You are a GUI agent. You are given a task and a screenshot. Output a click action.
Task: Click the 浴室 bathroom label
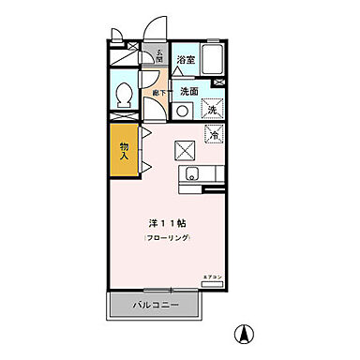click(x=187, y=61)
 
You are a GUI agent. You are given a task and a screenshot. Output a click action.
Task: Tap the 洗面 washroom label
click(x=188, y=91)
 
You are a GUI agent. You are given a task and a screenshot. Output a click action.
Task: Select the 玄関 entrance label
click(x=159, y=55)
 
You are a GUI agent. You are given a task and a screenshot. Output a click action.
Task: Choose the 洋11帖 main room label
click(x=168, y=224)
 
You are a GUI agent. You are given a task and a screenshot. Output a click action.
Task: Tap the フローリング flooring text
click(x=168, y=240)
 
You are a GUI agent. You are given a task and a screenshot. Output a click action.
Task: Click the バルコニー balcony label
click(x=155, y=306)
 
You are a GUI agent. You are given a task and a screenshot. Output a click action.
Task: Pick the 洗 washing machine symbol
click(x=212, y=110)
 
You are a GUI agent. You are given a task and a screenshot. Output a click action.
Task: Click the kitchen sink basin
click(x=192, y=173)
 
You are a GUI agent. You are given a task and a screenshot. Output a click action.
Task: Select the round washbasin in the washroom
click(x=184, y=110)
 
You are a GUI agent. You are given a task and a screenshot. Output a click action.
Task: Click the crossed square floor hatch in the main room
click(x=185, y=147)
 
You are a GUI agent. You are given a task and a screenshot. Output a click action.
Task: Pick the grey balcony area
click(x=155, y=306)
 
